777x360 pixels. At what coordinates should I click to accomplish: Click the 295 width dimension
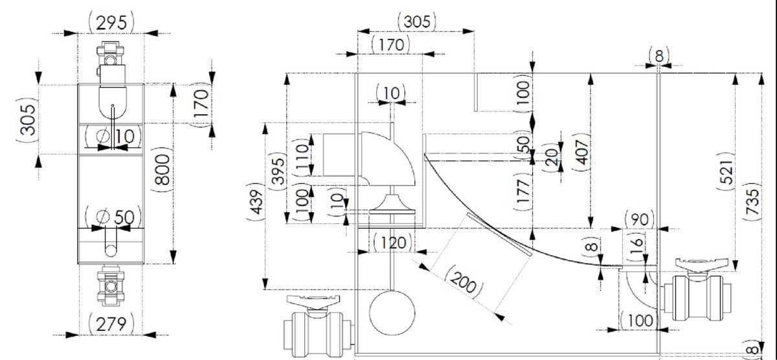tap(111, 23)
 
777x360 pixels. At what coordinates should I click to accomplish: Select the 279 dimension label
tap(111, 324)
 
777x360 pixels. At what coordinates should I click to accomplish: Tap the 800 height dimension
tap(163, 170)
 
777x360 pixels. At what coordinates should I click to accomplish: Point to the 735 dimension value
tap(752, 201)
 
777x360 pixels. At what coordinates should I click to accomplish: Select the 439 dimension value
tap(256, 201)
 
